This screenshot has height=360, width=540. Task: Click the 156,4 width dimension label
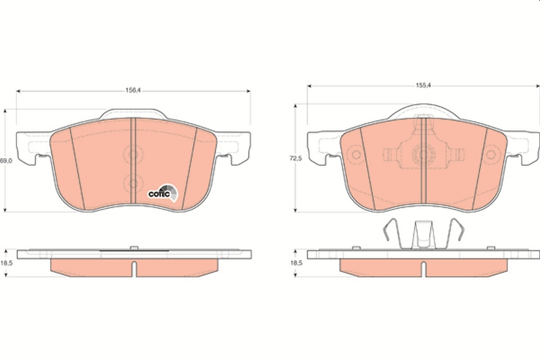click(133, 90)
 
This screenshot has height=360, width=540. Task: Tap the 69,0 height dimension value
click(5, 161)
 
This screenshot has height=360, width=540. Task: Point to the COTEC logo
click(163, 193)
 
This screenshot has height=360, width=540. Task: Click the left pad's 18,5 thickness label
click(5, 263)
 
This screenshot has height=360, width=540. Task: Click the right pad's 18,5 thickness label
click(295, 263)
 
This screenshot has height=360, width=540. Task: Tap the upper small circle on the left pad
click(133, 155)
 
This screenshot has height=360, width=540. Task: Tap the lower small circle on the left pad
click(133, 183)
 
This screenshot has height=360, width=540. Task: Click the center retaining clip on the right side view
click(423, 234)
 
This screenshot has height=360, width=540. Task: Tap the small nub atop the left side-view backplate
click(133, 247)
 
